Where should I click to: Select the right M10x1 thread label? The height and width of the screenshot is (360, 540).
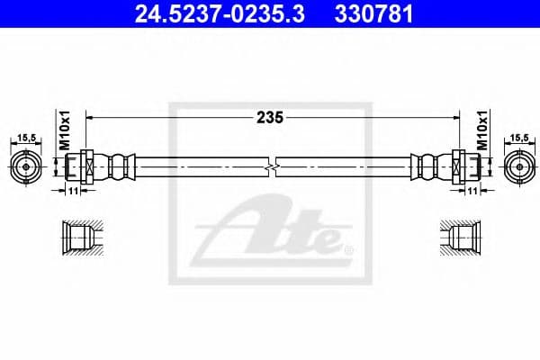tap(481, 130)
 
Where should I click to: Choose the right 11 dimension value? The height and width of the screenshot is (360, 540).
tap(473, 191)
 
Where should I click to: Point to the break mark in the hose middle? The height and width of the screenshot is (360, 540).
tap(271, 167)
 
